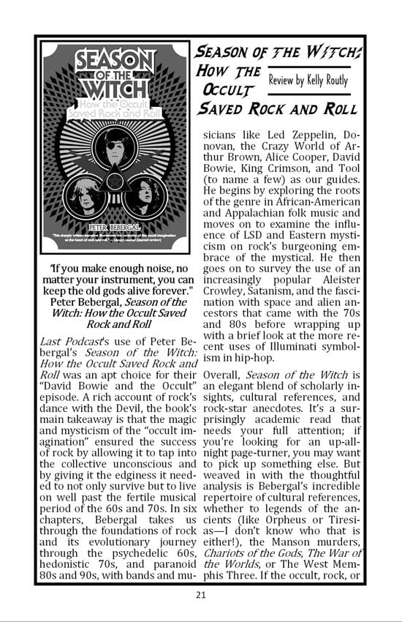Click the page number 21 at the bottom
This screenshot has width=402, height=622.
click(x=201, y=594)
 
